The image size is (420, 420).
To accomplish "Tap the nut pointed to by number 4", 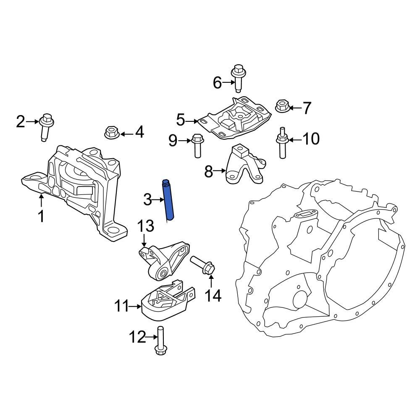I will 111,133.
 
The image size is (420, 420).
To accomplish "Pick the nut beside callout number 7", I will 281,107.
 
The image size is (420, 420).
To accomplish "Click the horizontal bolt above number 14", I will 204,265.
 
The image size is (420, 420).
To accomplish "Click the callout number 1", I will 41,217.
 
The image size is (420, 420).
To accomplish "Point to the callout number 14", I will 213,296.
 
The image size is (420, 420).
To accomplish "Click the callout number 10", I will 311,139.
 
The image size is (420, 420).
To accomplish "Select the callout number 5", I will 181,121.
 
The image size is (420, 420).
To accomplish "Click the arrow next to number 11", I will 136,307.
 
